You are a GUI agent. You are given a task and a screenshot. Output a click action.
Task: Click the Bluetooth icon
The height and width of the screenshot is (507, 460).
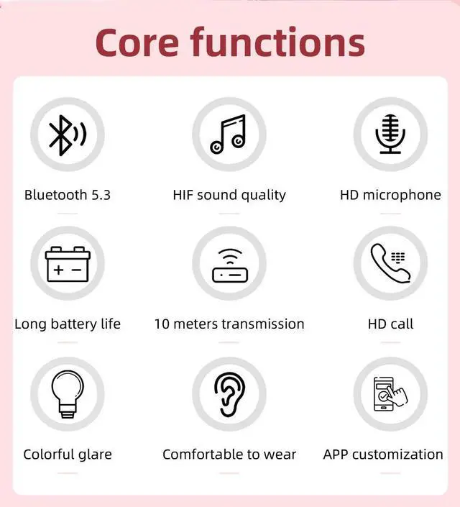tap(67, 134)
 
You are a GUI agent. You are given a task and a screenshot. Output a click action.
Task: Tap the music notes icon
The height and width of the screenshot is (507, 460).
tap(229, 134)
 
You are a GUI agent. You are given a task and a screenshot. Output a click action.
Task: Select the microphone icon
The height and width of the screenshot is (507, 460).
tap(390, 134)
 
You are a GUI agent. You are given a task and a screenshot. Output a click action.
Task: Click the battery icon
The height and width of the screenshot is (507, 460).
tap(67, 264)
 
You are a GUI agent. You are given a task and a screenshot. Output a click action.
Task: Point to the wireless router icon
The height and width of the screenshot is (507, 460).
tap(229, 265)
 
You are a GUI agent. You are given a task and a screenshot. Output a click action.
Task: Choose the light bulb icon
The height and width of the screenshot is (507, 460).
tap(67, 394)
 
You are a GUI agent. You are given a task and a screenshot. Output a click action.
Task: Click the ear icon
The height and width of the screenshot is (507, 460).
tap(229, 394)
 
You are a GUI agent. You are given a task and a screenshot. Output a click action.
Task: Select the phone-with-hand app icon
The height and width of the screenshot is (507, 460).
tap(390, 394)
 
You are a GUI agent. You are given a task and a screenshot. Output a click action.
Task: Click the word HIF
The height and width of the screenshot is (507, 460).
tap(183, 195)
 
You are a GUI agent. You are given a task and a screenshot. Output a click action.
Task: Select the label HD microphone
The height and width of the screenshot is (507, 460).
tap(390, 195)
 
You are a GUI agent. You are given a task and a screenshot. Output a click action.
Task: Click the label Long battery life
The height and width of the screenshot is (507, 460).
tap(68, 324)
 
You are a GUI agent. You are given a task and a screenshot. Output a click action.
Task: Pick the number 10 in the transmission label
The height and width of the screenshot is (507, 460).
tap(162, 324)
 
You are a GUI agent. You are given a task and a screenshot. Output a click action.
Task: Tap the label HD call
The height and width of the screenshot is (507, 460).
tap(390, 324)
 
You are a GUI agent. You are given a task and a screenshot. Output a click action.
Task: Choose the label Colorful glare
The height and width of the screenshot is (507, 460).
tap(68, 455)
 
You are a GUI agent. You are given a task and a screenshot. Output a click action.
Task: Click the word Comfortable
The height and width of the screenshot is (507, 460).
tap(203, 455)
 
